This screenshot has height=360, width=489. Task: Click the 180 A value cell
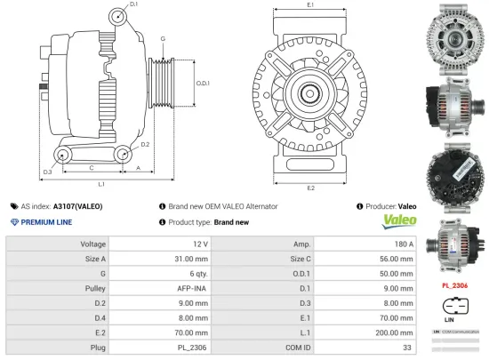point(403,244)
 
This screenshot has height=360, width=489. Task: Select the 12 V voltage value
point(199,244)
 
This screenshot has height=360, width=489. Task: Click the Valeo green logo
point(397,220)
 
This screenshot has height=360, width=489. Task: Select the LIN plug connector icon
point(451,309)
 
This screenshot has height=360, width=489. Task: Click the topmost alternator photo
point(454,36)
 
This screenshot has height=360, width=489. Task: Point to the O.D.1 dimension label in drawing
point(202,84)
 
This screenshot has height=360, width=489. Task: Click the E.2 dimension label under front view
point(310,188)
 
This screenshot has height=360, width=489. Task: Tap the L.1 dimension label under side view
point(101,184)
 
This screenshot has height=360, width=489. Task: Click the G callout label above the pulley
point(163,40)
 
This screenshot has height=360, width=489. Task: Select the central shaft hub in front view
point(310,92)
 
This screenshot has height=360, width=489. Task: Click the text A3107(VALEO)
point(77,206)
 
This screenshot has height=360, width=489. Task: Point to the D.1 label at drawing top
point(133,5)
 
